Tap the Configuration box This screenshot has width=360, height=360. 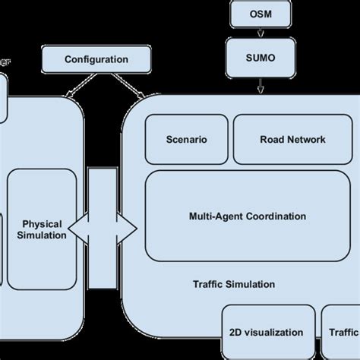[96, 59]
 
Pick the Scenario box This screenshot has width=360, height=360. [186, 139]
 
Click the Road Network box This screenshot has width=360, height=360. [292, 139]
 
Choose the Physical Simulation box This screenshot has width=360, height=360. [42, 229]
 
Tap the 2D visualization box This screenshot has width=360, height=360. [266, 332]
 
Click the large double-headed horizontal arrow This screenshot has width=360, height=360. [103, 229]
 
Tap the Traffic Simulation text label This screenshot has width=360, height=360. [233, 285]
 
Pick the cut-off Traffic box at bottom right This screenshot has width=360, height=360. [342, 332]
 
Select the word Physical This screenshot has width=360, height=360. [42, 224]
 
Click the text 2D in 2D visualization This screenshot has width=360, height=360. [235, 333]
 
